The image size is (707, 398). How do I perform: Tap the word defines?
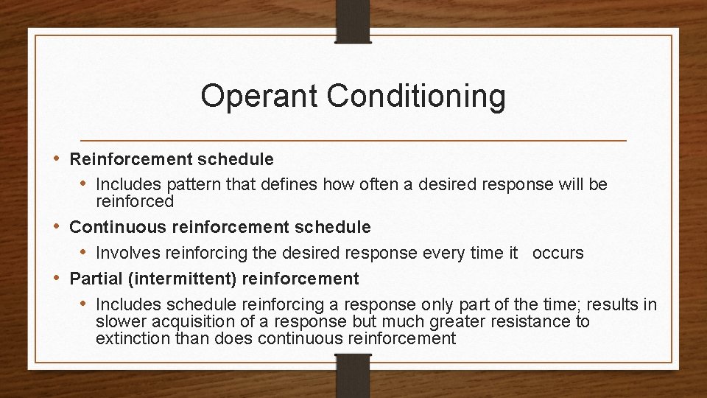click(x=242, y=184)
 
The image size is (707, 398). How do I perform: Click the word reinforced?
click(x=135, y=201)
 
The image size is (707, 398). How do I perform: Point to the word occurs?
click(x=557, y=253)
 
